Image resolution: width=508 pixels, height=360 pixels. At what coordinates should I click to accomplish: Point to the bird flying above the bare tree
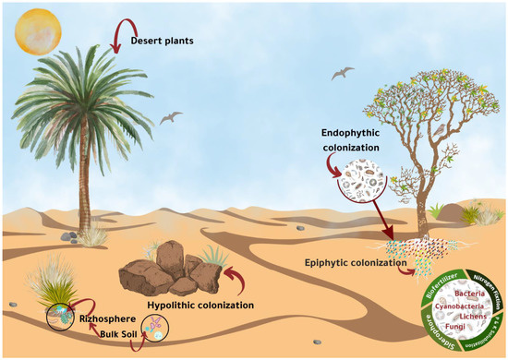[343, 70]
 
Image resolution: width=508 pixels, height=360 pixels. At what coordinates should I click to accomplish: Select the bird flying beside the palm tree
[171, 117]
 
